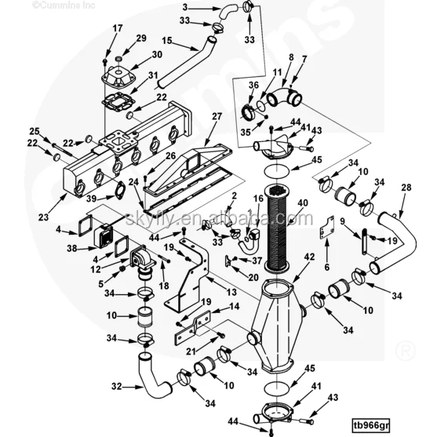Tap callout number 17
[x=118, y=29]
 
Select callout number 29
[x=141, y=38]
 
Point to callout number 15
[x=167, y=40]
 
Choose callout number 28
[x=406, y=188]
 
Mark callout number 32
[x=116, y=385]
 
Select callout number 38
[x=71, y=247]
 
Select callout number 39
[x=92, y=198]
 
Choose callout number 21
[x=191, y=330]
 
